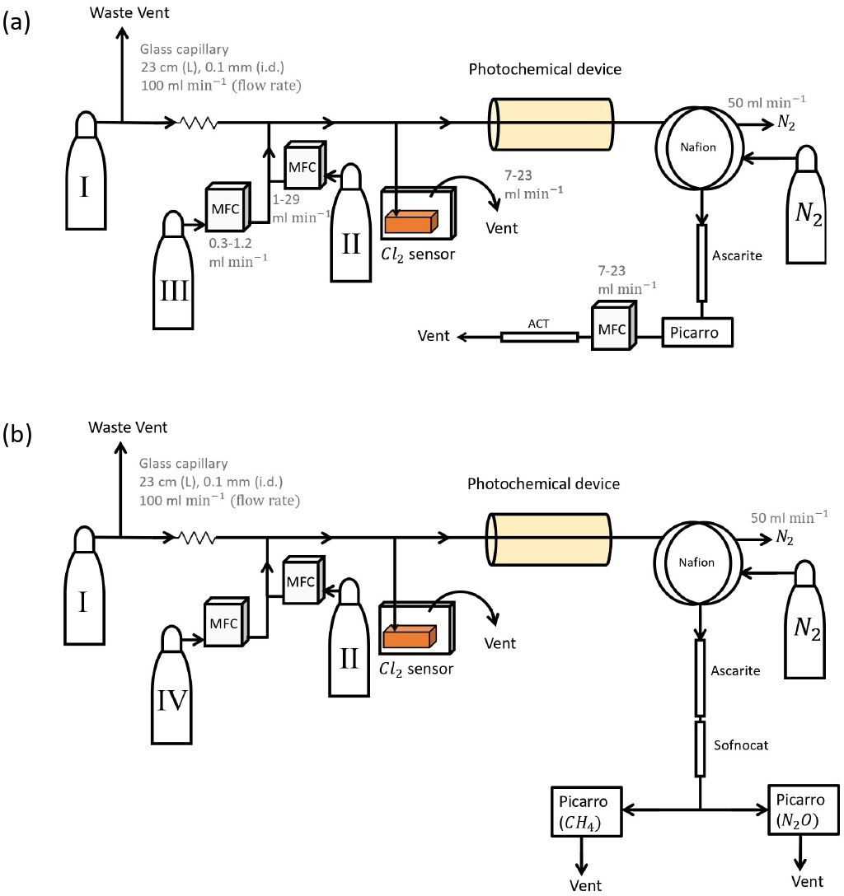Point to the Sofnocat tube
pos(700,749)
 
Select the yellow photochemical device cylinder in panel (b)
pos(549,539)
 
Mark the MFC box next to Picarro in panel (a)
pos(611,327)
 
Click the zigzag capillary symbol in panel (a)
pos(199,124)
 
